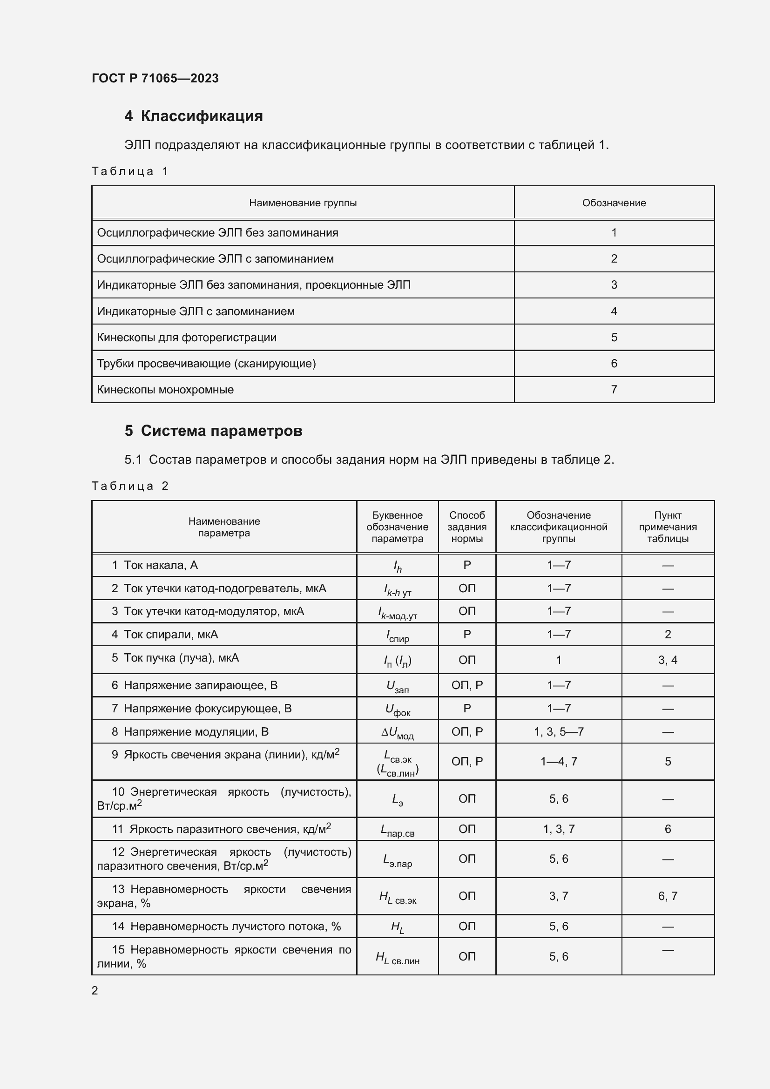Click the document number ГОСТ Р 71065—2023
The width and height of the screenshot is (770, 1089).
(x=155, y=78)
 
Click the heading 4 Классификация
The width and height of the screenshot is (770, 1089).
(x=194, y=116)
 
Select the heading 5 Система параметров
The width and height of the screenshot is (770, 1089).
(x=213, y=431)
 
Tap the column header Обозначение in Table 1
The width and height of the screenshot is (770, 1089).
(x=614, y=203)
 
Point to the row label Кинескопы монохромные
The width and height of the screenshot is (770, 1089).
(x=165, y=390)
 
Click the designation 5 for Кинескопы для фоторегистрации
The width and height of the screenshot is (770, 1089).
(x=614, y=338)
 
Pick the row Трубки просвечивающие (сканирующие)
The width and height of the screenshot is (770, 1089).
(x=206, y=364)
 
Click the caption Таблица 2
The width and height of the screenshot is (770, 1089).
(x=130, y=486)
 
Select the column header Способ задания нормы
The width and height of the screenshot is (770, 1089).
(x=466, y=527)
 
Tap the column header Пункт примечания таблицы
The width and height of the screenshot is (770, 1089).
(x=668, y=527)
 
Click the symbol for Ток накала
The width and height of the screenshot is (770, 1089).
(x=397, y=566)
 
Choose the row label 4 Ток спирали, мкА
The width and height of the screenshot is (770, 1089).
(x=164, y=635)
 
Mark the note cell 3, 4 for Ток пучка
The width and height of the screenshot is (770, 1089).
(x=668, y=660)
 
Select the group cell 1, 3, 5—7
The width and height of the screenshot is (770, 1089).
(x=559, y=732)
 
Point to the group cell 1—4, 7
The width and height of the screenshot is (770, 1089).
(x=559, y=762)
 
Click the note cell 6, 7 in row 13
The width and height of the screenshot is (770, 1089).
(x=668, y=896)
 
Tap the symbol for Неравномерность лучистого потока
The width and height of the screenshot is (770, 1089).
(x=397, y=927)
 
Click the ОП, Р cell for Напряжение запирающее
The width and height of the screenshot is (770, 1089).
(x=466, y=685)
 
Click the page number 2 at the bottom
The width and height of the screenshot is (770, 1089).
(x=95, y=991)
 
